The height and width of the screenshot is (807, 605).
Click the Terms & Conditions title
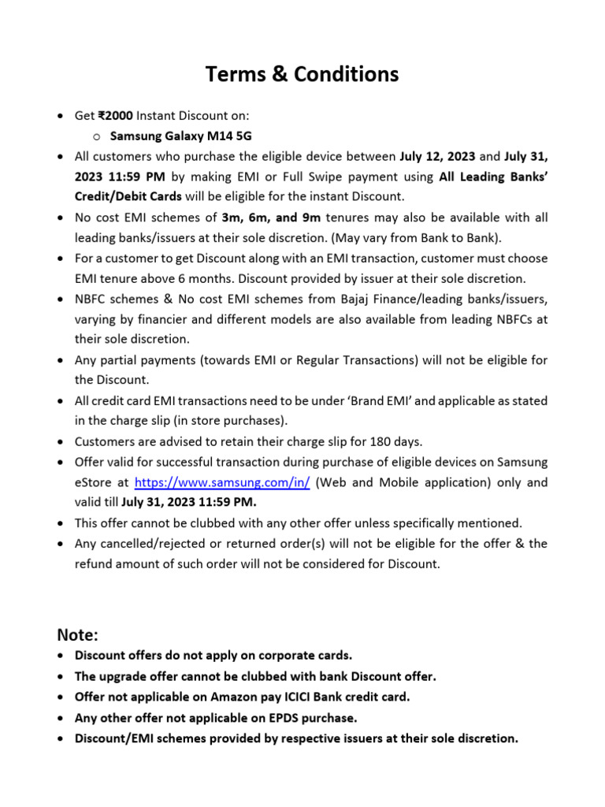302,74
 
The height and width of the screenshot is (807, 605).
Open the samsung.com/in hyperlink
222,482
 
